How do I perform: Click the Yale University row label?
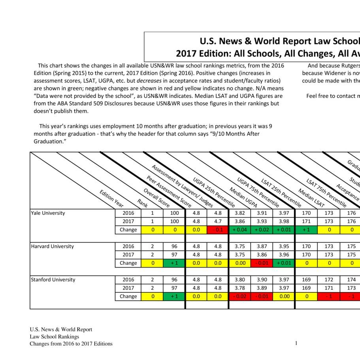coord(48,213)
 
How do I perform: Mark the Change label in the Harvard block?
coord(128,263)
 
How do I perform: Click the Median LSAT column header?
coord(311,198)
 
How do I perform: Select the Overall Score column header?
coord(156,198)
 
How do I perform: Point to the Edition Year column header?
coord(111,198)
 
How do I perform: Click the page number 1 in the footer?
coord(296,343)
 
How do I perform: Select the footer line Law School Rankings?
coord(54,337)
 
